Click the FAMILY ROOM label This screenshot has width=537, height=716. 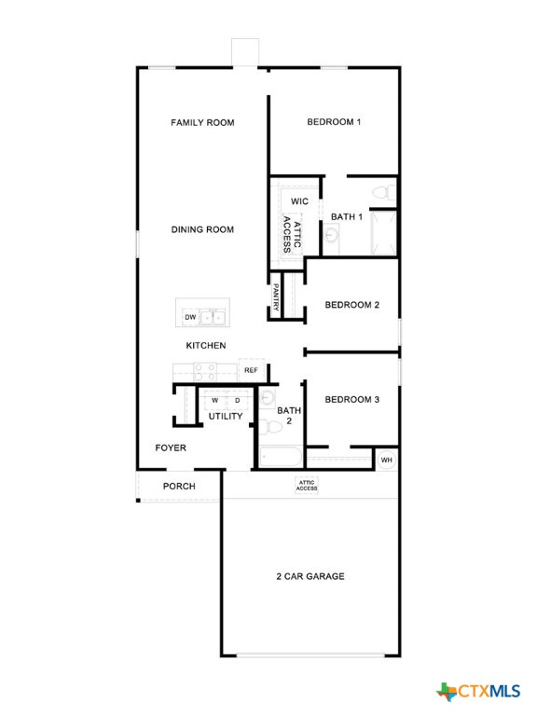tap(202, 122)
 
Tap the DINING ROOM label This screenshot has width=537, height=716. tap(202, 229)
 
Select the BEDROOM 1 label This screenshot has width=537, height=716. tap(334, 122)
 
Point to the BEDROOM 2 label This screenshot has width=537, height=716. tap(351, 305)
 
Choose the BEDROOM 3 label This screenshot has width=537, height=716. tap(351, 400)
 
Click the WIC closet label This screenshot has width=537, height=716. tap(299, 201)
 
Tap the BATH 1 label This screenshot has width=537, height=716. tap(346, 217)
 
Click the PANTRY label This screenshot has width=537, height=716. tap(277, 298)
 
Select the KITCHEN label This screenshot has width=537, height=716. tap(206, 346)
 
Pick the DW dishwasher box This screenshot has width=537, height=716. tap(190, 318)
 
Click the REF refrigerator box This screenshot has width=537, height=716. tap(250, 370)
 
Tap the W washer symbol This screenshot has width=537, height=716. tap(214, 400)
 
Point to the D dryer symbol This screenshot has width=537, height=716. tap(237, 400)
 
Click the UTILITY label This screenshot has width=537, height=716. tap(226, 416)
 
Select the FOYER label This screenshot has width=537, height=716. tap(171, 448)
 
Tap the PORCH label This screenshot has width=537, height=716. tap(179, 486)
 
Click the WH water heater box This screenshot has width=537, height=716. tap(387, 460)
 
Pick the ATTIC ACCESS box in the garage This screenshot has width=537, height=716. tap(307, 486)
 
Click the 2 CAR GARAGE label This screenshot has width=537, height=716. tap(310, 576)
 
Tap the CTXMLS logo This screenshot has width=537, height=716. tap(477, 691)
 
